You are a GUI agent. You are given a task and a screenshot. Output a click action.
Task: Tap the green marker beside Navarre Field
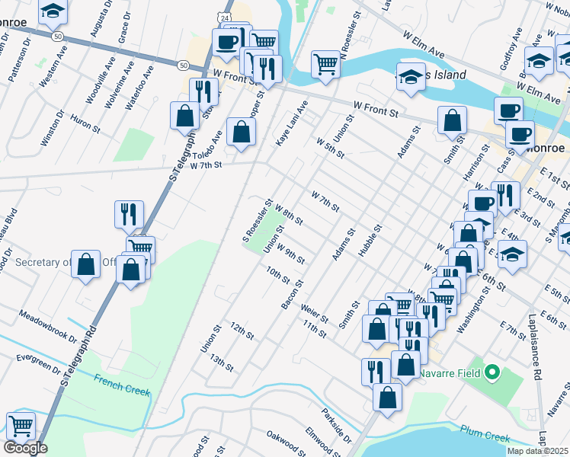click(x=492, y=373)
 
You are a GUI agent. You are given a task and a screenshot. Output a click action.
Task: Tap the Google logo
click(x=25, y=448)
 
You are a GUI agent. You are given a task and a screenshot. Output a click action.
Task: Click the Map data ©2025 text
click(x=537, y=451)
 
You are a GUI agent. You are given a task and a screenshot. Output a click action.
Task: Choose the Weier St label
click(x=314, y=312)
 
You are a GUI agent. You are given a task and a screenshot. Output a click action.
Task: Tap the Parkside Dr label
click(x=337, y=429)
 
